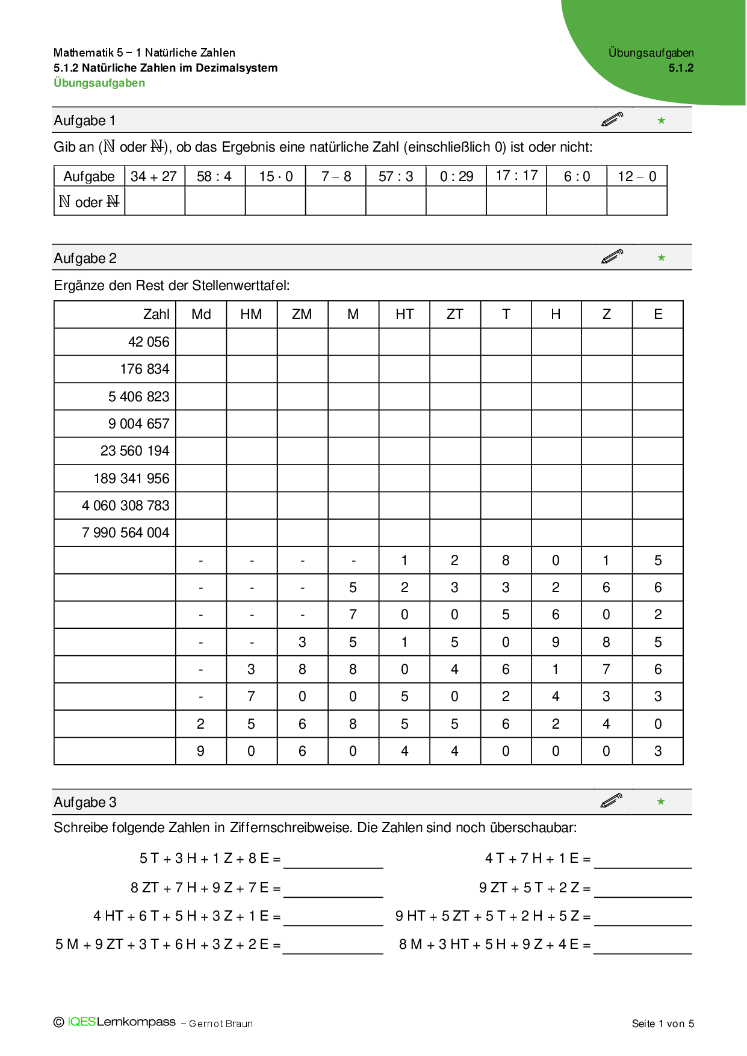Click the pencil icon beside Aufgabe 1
(612, 119)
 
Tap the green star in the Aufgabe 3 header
(661, 801)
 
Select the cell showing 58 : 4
(214, 176)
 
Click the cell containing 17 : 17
(516, 176)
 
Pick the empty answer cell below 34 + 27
(155, 201)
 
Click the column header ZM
(302, 314)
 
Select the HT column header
(404, 314)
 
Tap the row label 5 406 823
(139, 397)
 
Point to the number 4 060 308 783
(126, 505)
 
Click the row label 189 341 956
(132, 478)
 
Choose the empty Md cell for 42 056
(201, 342)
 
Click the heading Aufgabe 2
(85, 258)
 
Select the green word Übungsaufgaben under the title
(99, 83)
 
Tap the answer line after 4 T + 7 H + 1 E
(643, 860)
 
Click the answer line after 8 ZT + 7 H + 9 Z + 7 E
(333, 890)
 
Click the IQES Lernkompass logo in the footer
(115, 1022)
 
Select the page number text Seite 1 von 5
(663, 1024)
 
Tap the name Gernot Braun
(221, 1024)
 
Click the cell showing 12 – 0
(637, 176)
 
